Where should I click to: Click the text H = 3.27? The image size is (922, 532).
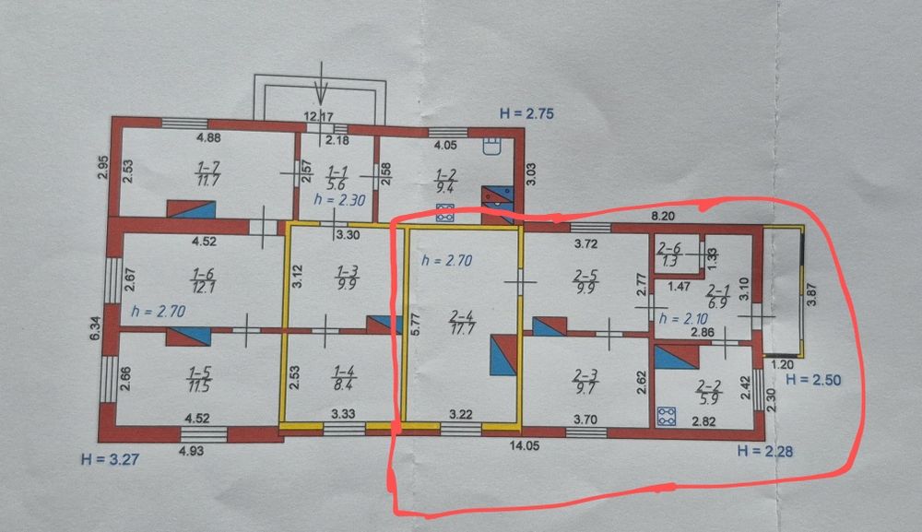click(110, 456)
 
